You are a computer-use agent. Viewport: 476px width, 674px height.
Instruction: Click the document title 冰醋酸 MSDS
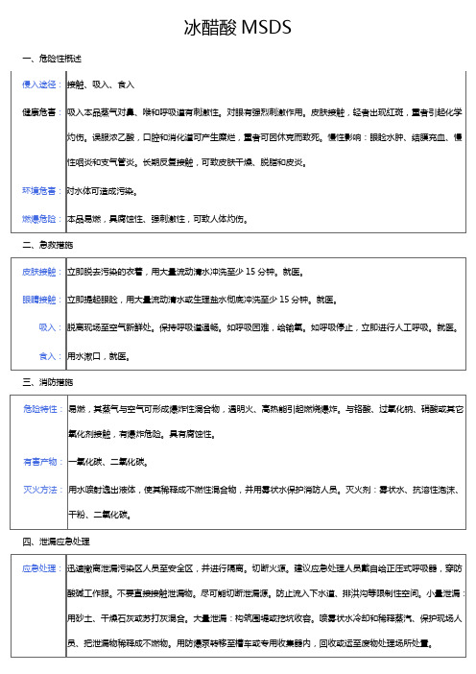[237, 27]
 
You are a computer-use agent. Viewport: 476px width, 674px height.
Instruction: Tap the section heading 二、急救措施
[44, 246]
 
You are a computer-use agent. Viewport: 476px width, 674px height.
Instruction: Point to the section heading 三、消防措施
[44, 382]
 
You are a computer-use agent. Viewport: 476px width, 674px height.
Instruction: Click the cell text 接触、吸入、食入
[102, 84]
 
